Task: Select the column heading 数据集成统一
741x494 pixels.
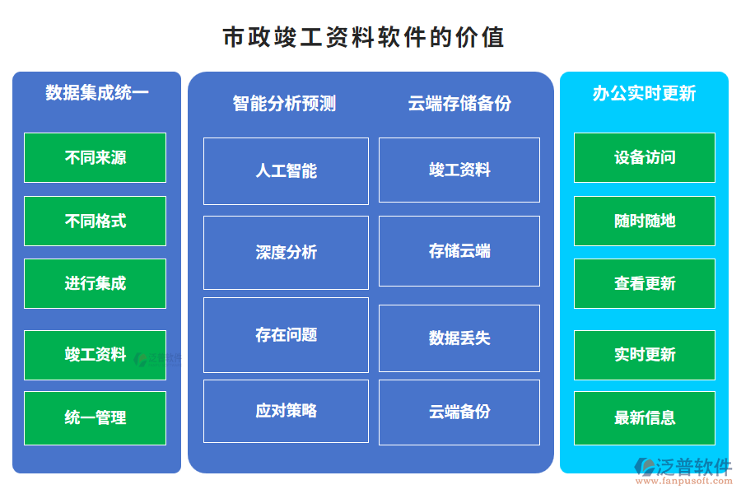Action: click(96, 92)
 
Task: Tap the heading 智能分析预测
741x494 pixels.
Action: click(284, 103)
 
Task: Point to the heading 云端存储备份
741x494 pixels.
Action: click(459, 103)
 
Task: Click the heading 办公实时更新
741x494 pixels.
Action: click(644, 93)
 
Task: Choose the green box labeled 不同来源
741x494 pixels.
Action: click(95, 157)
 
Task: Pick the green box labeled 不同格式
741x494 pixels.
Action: click(95, 221)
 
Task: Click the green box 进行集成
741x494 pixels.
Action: click(95, 283)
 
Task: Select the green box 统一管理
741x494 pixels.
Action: click(95, 417)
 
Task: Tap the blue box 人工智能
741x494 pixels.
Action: click(286, 171)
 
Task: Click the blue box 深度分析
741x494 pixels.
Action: click(286, 252)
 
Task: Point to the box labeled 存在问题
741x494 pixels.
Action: click(286, 334)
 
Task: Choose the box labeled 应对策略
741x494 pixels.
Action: click(286, 410)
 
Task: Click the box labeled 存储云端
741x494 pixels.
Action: click(459, 250)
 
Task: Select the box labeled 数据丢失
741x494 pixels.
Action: click(459, 338)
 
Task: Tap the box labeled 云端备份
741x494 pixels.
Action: click(459, 412)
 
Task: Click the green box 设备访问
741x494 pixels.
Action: click(644, 157)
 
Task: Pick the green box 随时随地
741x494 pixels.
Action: click(644, 221)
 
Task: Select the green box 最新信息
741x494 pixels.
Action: click(644, 417)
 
